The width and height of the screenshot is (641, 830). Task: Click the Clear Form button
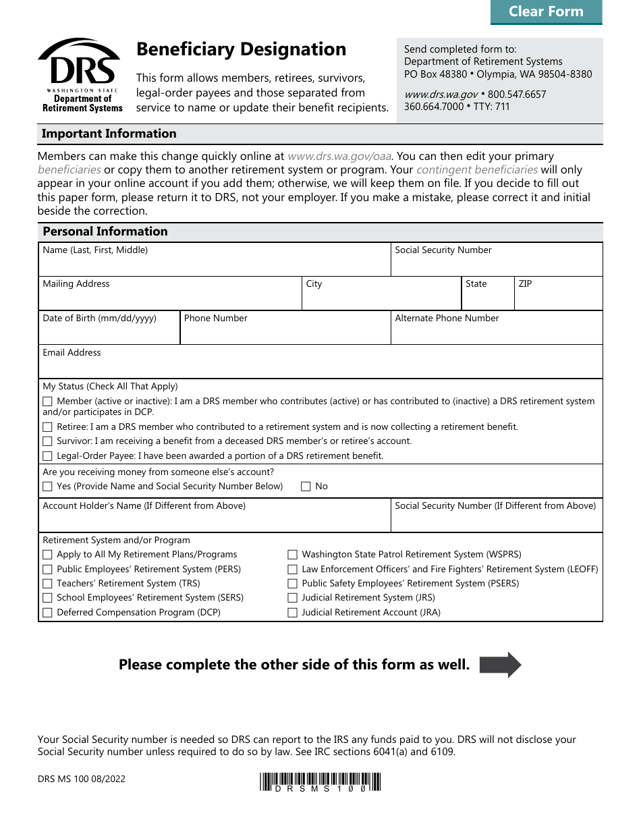coord(546,11)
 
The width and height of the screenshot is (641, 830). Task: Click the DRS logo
coord(80,75)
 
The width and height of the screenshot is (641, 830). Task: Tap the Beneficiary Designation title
coord(241,49)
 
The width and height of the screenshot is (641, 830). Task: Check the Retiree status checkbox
coord(47,427)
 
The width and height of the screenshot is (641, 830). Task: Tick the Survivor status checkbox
coord(47,441)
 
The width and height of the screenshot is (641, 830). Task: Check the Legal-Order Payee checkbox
coord(47,456)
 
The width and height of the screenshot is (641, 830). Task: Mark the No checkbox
coord(306,487)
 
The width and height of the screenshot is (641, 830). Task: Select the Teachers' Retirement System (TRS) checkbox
coord(47,584)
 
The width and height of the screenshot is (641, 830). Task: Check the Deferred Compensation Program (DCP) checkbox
coord(47,613)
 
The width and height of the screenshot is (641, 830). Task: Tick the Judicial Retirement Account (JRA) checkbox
coord(292,613)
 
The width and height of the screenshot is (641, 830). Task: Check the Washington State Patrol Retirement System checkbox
coord(292,555)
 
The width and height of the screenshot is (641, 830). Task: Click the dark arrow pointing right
coord(500,665)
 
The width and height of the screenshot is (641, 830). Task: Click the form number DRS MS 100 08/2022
coord(82,779)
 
